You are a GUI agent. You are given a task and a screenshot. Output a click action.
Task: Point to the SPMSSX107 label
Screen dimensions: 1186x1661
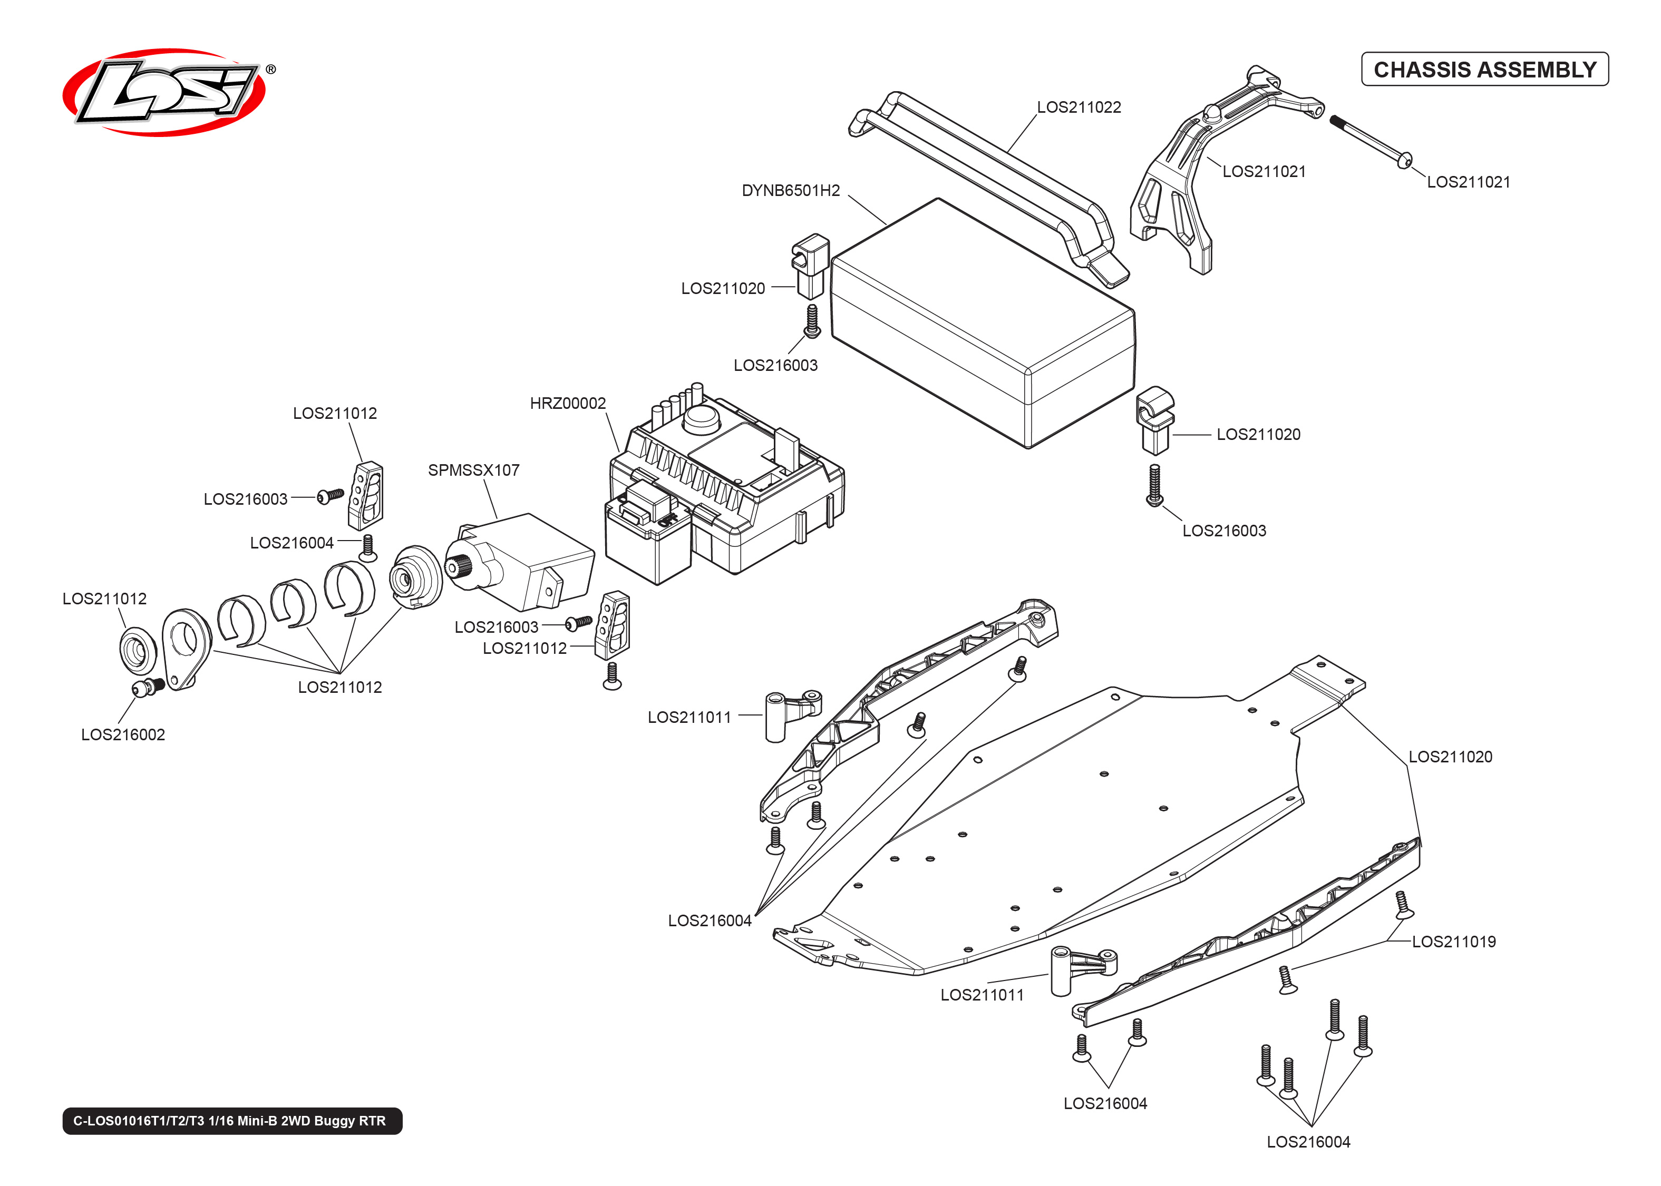click(473, 471)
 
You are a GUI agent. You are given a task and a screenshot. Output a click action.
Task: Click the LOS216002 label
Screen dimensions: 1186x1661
click(123, 734)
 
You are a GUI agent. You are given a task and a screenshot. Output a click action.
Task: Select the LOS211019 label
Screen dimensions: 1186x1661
click(1453, 942)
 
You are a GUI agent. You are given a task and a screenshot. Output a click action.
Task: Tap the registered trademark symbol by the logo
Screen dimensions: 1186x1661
click(270, 70)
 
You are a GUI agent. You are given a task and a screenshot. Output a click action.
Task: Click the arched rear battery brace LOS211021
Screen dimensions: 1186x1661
click(1198, 168)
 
